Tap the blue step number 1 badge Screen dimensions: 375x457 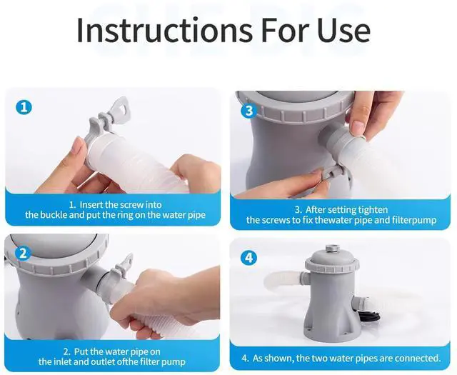24,108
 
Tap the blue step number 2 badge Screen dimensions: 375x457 24,253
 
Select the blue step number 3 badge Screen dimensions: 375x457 248,111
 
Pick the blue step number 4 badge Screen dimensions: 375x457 248,257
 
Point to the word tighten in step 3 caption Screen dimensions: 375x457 370,209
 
